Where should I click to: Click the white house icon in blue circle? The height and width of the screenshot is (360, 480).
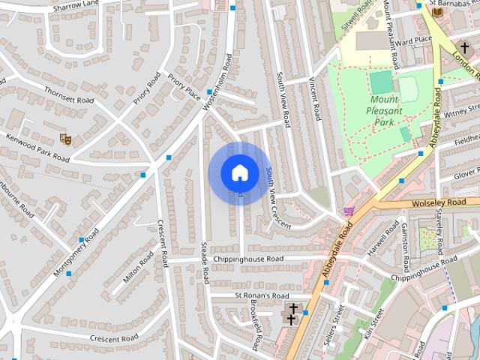tap(239, 172)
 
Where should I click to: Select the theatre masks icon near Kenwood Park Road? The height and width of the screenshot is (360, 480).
tap(66, 138)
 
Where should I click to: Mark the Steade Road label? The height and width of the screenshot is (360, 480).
tap(203, 262)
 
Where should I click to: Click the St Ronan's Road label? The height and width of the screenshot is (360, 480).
tap(261, 295)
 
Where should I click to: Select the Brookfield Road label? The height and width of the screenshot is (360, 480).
tap(256, 331)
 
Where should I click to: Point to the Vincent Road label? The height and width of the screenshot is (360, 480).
tap(315, 103)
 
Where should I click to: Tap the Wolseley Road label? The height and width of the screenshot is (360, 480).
tap(444, 202)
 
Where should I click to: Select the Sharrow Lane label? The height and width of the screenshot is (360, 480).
tap(76, 7)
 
